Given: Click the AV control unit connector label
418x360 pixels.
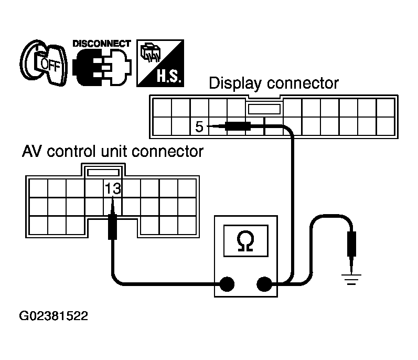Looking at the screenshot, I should tap(113, 152).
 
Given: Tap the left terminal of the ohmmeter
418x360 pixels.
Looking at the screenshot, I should tap(227, 284).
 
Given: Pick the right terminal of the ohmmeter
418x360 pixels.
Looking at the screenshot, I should tap(263, 284).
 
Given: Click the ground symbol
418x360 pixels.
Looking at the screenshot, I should tap(351, 276).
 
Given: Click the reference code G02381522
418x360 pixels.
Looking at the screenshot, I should tap(53, 316).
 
